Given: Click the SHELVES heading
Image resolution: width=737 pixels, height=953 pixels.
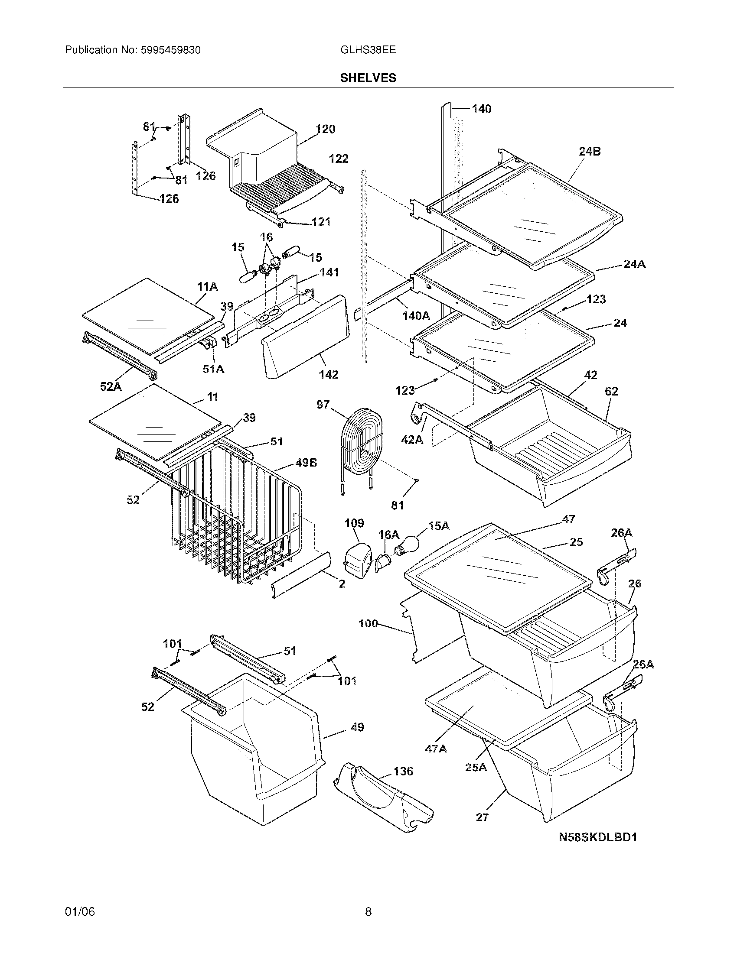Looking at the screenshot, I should coord(368,78).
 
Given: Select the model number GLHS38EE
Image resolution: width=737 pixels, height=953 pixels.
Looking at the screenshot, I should coord(368,50).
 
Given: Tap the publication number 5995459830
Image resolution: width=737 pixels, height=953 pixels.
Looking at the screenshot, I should coord(171,50).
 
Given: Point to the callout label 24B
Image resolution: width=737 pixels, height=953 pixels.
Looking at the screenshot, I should coord(590,152).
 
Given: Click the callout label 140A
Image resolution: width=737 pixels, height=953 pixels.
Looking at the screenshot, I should coord(416,315).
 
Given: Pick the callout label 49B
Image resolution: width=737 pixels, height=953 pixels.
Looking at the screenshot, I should coord(306,463).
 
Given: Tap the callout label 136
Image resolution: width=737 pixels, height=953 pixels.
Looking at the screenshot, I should coord(403,771).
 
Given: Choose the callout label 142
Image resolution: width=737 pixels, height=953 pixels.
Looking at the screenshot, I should coord(328,374).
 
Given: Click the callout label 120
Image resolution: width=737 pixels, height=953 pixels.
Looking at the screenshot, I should coord(325,129).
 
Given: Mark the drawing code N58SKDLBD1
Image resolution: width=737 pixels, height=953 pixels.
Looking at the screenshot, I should coord(598,837).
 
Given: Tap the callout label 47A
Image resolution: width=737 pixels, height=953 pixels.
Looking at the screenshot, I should coord(436,749).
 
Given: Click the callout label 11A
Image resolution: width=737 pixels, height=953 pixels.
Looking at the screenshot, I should coord(207,287).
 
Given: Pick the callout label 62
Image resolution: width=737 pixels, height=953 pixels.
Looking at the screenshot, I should coord(611,392).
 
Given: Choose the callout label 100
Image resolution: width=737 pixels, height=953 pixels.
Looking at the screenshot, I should coord(368,623).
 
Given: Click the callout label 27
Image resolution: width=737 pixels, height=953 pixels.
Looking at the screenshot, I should coord(482,817).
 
